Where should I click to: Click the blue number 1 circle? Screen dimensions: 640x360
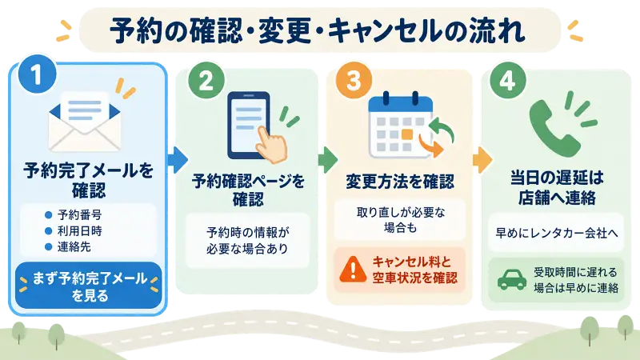click(x=37, y=74)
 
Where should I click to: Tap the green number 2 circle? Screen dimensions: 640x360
click(x=206, y=80)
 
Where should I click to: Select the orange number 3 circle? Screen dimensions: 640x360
click(x=354, y=80)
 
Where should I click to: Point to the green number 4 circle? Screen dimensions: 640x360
click(x=507, y=80)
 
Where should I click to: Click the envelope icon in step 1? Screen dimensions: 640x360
click(x=85, y=122)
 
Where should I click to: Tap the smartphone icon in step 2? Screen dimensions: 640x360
click(x=249, y=126)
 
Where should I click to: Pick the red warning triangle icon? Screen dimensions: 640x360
click(x=353, y=270)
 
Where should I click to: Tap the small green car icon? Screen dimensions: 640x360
click(x=512, y=279)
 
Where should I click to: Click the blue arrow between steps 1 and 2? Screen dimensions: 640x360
click(x=178, y=159)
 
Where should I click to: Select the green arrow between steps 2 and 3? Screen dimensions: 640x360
click(x=328, y=159)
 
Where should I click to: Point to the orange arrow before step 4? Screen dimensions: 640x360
click(x=482, y=159)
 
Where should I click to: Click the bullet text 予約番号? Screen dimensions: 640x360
click(x=79, y=214)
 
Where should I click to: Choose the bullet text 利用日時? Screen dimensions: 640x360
click(x=79, y=231)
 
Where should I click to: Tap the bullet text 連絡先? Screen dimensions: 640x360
click(x=74, y=247)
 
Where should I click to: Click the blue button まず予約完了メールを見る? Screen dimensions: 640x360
click(x=89, y=286)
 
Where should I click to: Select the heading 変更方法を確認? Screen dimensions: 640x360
click(x=400, y=182)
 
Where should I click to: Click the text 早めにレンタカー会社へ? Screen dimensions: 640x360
click(x=557, y=233)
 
